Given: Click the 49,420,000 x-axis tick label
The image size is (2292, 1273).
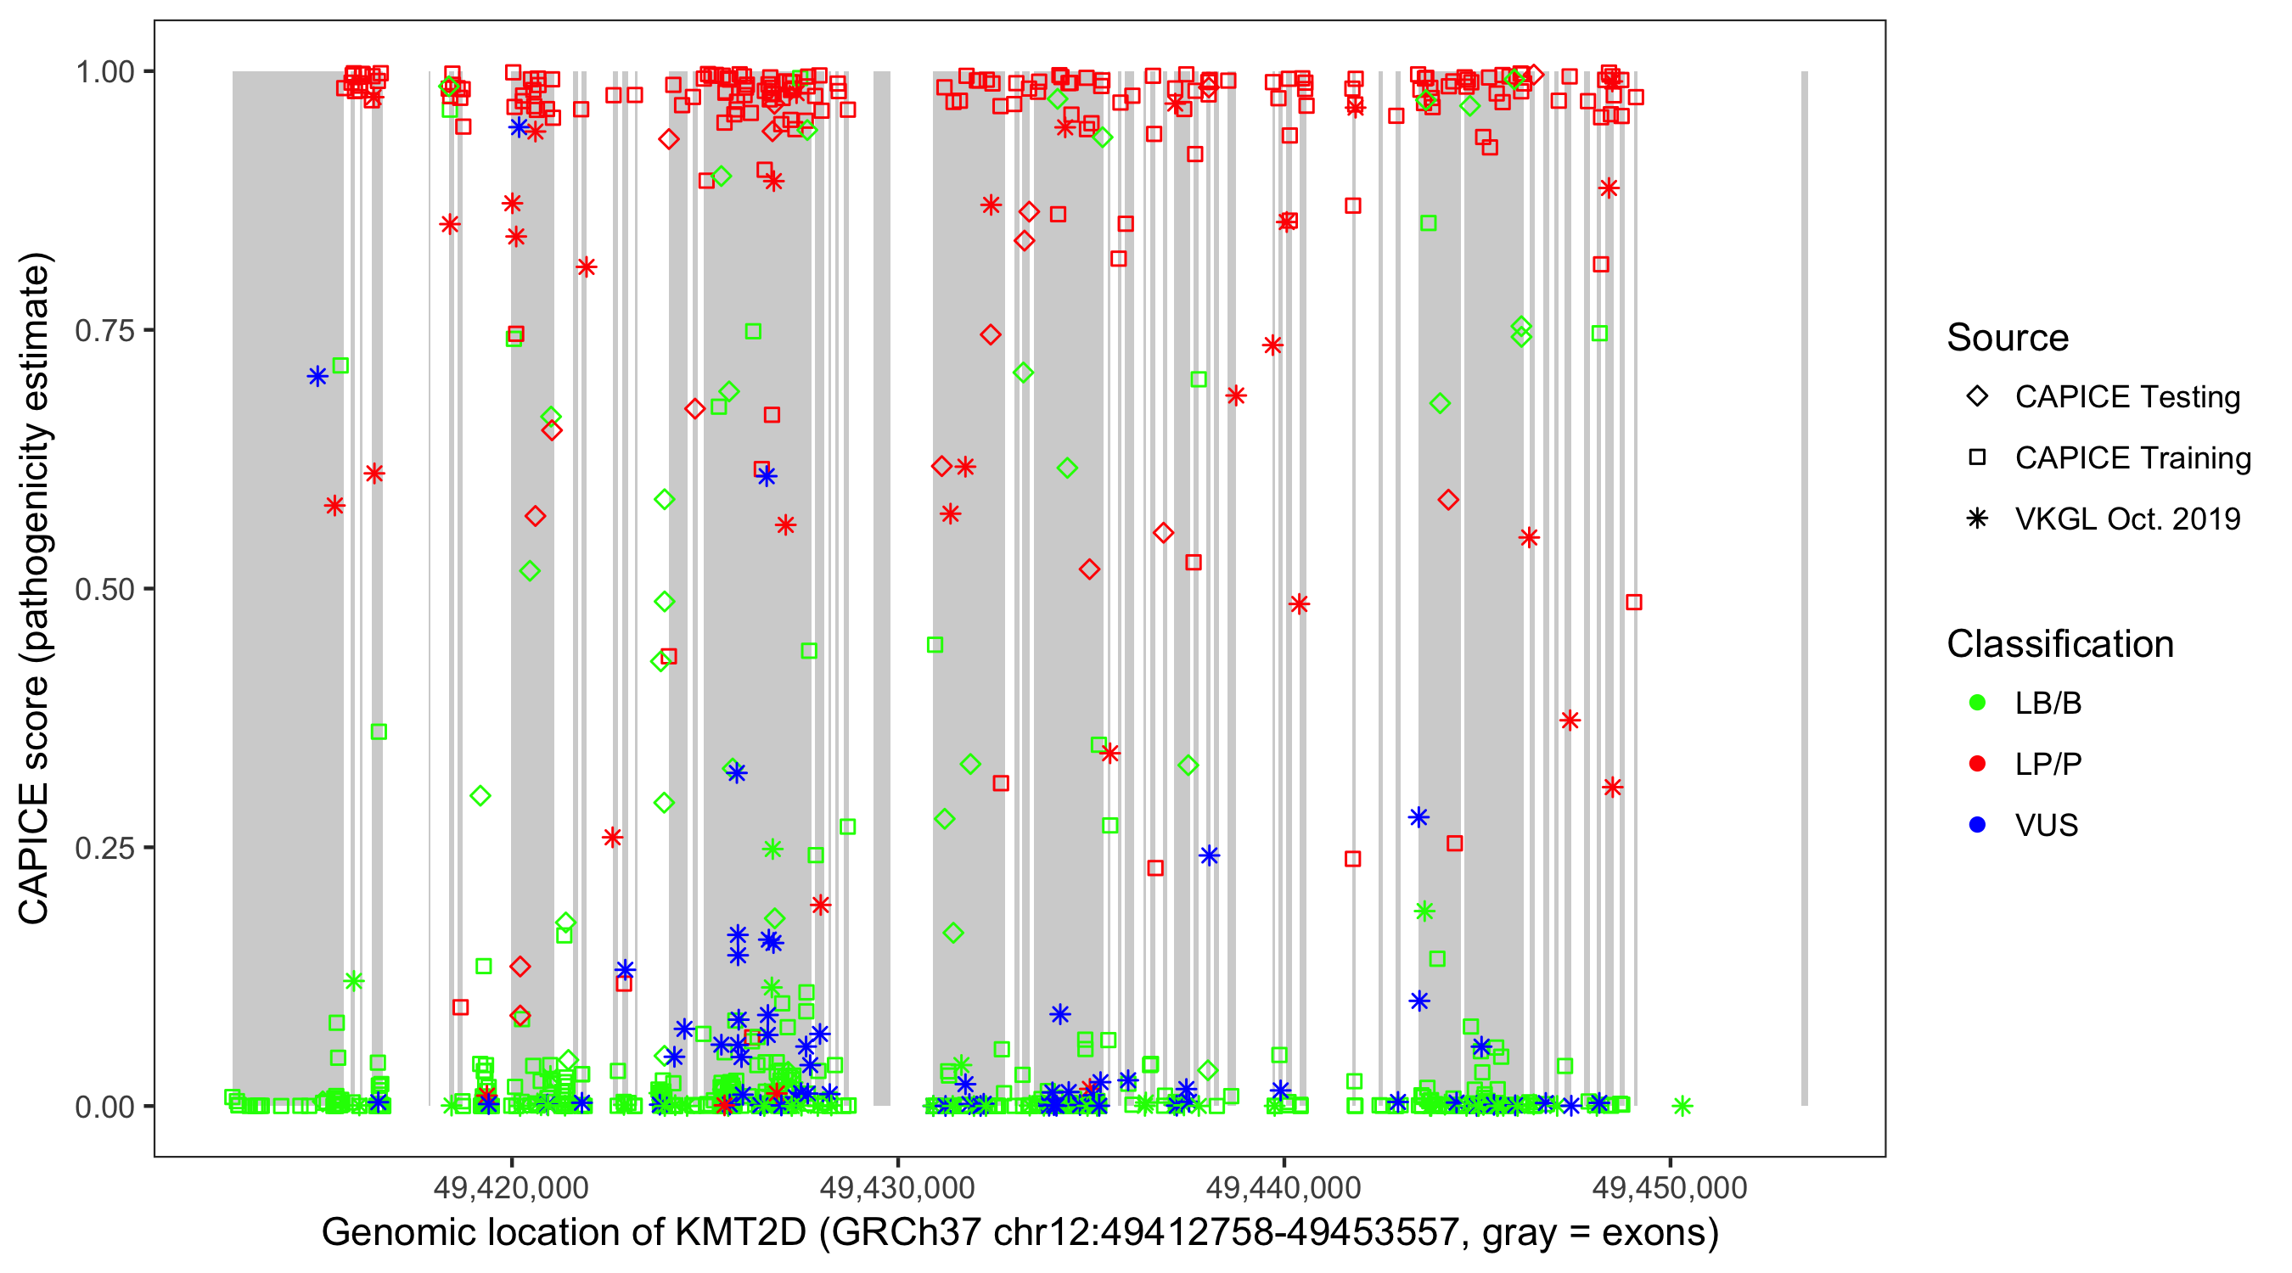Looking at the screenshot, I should click(x=511, y=1187).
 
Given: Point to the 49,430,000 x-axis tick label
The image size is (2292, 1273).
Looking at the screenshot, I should click(x=897, y=1187).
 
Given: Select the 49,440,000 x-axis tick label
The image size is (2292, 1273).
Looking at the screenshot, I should click(x=1283, y=1187).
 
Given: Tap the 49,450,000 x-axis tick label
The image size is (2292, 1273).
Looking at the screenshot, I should click(x=1669, y=1187).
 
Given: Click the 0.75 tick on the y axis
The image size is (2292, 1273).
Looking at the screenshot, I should click(x=104, y=331).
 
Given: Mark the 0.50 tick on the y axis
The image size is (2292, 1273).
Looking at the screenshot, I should click(x=104, y=589).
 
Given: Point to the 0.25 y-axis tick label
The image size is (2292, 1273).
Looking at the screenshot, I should click(x=104, y=848).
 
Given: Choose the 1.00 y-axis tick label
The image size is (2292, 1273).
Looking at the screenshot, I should click(x=104, y=72).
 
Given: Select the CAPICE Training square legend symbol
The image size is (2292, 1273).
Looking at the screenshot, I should click(x=1977, y=458).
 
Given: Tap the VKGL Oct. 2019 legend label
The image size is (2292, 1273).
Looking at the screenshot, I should click(x=2127, y=519).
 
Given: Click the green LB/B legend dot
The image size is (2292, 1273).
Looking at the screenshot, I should click(x=1977, y=703).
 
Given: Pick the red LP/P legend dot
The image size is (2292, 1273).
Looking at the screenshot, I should click(x=1977, y=764).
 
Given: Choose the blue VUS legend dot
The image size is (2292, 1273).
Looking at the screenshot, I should click(x=1977, y=825).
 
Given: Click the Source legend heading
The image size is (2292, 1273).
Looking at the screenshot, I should click(x=2008, y=338).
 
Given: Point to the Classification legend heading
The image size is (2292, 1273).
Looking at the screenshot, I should click(x=2059, y=644).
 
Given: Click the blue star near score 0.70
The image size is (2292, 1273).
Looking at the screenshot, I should click(x=317, y=376).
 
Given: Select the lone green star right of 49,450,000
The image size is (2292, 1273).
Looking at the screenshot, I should click(x=1682, y=1106).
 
